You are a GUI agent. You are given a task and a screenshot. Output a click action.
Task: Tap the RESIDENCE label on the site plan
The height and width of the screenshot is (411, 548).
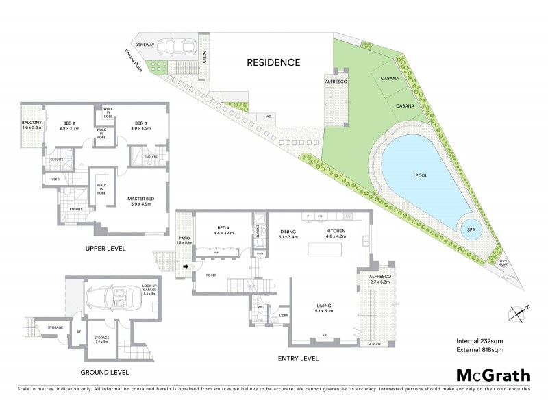click(274, 62)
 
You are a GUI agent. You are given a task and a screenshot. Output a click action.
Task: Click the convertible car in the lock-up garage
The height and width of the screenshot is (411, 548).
click(110, 300)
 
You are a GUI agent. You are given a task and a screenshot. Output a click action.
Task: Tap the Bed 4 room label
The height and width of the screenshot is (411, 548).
click(218, 230)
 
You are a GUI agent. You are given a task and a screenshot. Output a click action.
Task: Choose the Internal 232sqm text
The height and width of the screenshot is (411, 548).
click(480, 340)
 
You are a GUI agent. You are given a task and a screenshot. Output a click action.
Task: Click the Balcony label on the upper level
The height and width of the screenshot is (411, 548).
click(32, 125)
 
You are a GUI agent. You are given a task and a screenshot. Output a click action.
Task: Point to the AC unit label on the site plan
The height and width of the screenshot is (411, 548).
click(269, 116)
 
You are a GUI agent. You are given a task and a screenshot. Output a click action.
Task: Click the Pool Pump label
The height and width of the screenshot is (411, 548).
click(504, 262)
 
